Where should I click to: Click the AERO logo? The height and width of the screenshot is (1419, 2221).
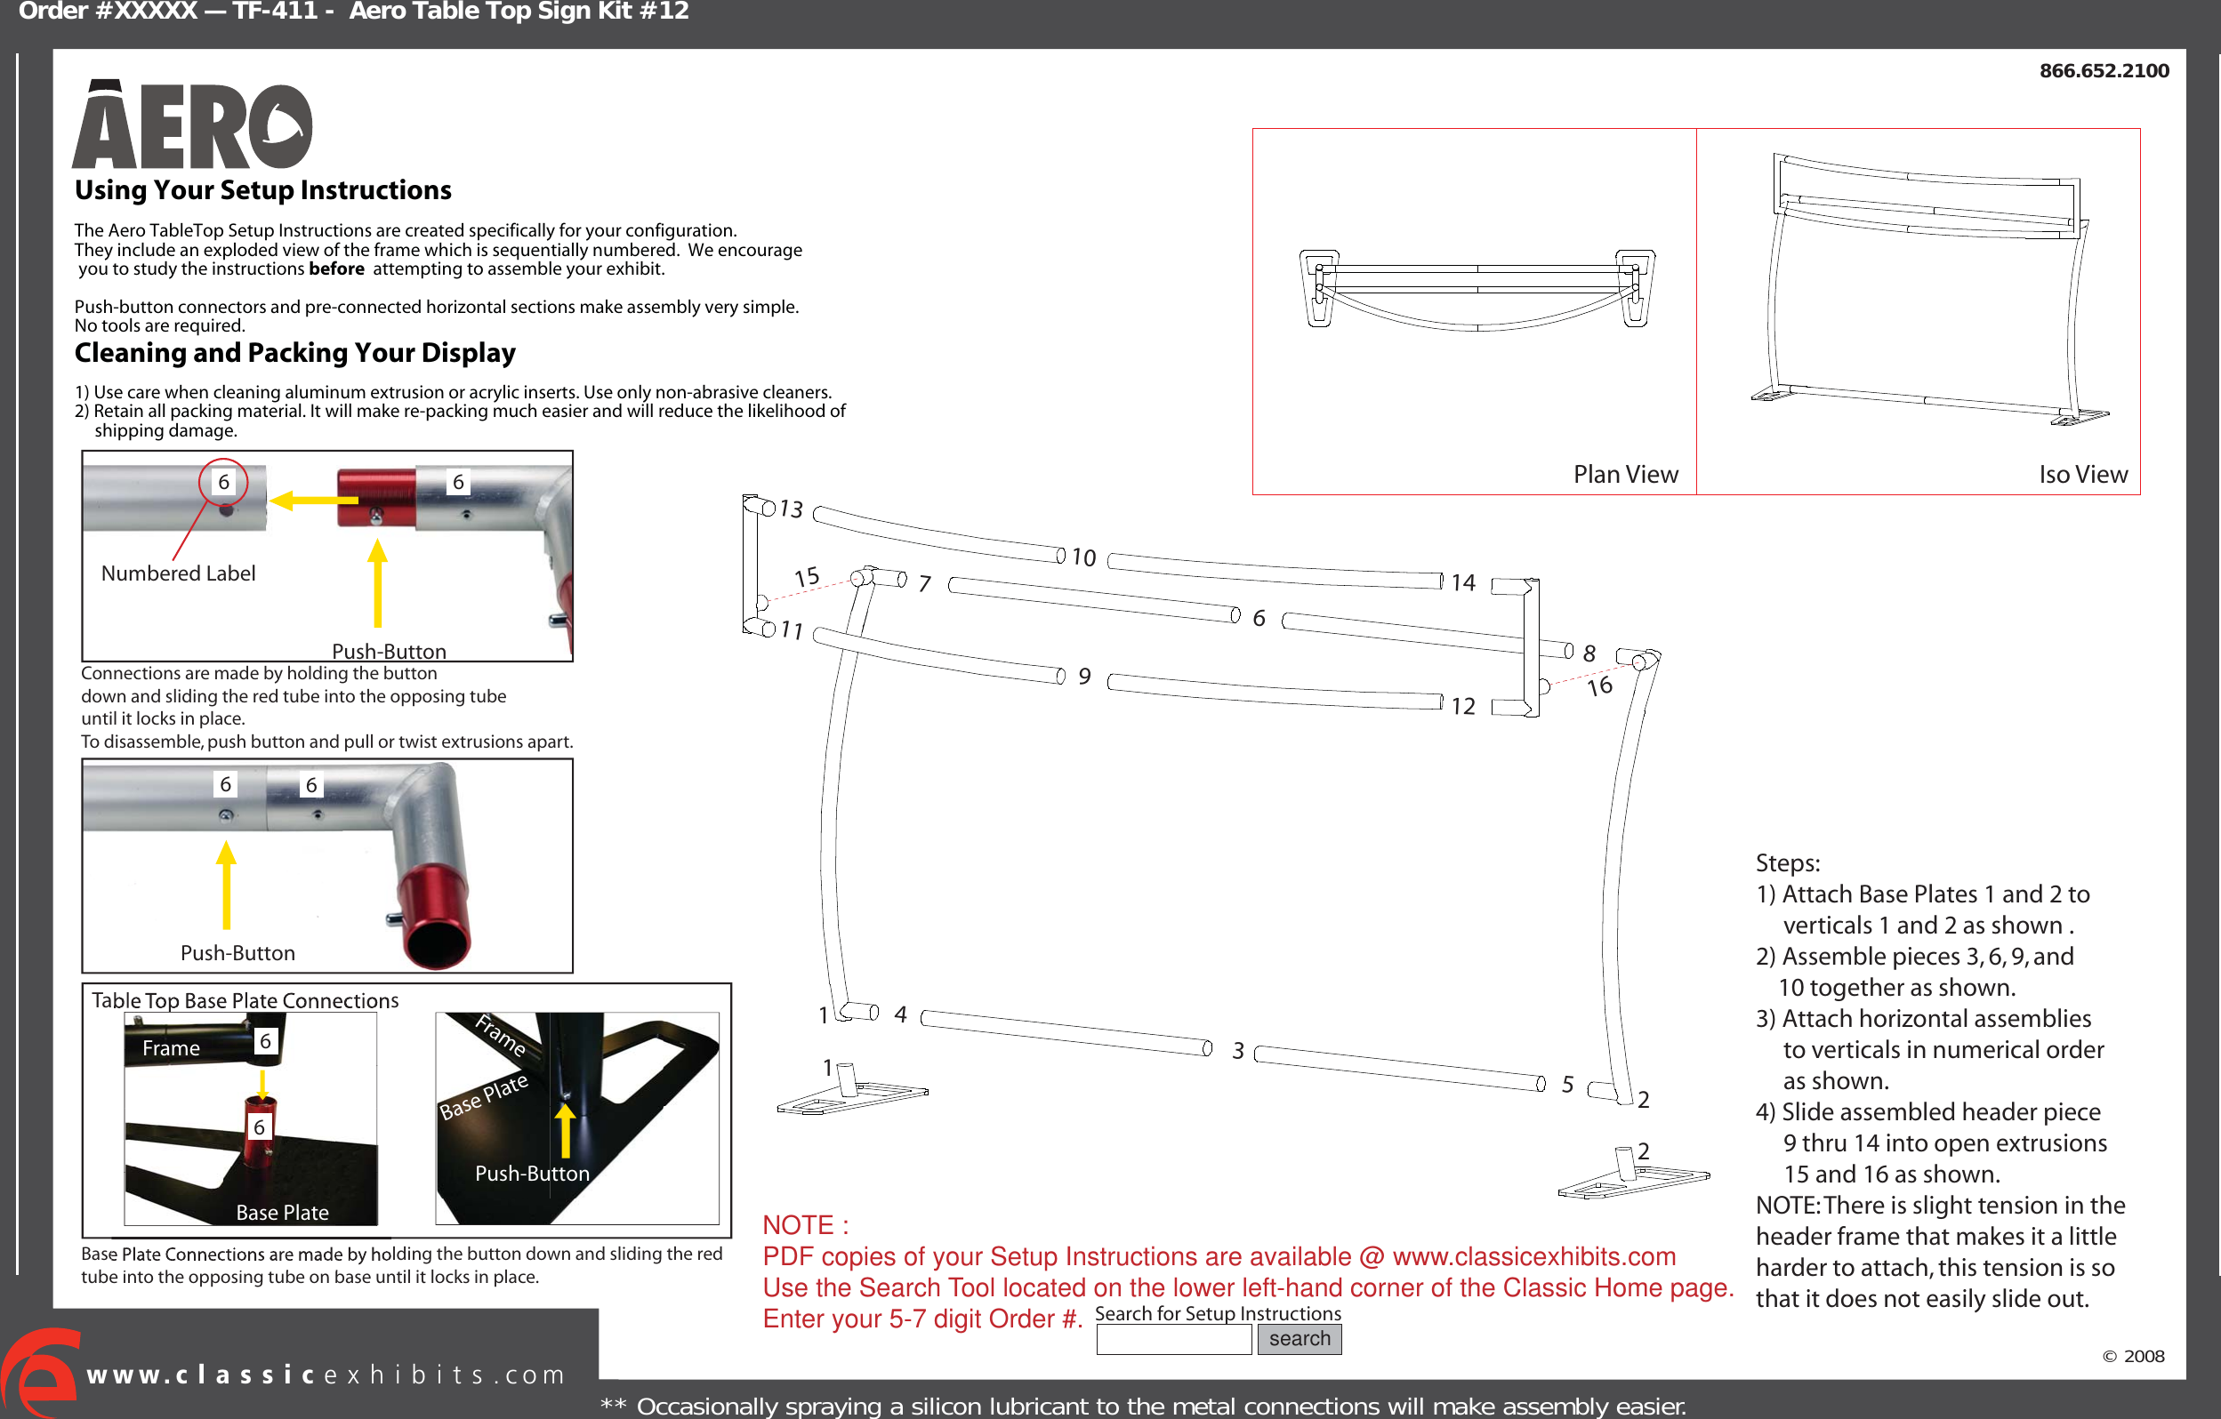[x=192, y=126]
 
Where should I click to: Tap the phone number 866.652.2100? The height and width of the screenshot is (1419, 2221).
[x=2103, y=71]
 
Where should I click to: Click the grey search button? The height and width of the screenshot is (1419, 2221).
[x=1299, y=1339]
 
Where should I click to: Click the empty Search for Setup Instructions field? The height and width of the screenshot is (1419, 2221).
[x=1173, y=1340]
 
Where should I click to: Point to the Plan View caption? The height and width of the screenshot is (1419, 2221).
[x=1625, y=474]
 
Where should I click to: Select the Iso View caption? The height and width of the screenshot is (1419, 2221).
[x=2082, y=474]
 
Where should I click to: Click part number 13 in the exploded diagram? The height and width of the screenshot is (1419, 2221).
[x=792, y=509]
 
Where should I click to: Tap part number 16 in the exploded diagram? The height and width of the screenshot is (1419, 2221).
[x=1599, y=686]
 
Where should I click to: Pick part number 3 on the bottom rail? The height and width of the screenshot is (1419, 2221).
[x=1238, y=1050]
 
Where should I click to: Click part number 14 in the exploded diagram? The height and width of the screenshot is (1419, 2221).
[x=1463, y=582]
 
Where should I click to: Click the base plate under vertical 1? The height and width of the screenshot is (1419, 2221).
[x=852, y=1097]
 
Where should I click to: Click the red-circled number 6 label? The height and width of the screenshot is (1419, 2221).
[x=223, y=481]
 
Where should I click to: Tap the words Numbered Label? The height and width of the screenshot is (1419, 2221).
[x=178, y=573]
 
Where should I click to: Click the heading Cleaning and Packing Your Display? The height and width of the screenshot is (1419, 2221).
[x=294, y=353]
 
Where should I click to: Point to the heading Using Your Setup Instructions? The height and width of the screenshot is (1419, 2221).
[x=263, y=190]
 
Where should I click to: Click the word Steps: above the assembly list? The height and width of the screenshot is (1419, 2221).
[x=1787, y=863]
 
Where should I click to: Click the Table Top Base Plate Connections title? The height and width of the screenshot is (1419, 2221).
[x=245, y=1000]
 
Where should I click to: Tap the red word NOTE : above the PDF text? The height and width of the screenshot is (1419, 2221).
[x=804, y=1224]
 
